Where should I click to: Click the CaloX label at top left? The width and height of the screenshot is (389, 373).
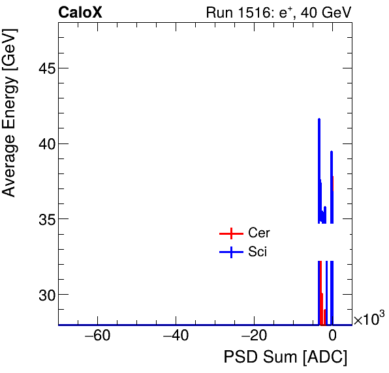point(80,12)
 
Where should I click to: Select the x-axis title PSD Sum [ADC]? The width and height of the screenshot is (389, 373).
point(285,357)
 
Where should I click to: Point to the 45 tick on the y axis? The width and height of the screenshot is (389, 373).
point(44,68)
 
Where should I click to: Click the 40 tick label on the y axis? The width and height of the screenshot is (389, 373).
point(44,144)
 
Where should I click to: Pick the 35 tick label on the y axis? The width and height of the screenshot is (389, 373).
point(44,219)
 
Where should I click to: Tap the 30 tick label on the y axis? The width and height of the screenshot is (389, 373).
point(44,295)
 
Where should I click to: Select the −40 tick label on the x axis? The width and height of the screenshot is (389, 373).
point(176,336)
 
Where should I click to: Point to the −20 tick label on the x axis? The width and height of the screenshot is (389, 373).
point(254,336)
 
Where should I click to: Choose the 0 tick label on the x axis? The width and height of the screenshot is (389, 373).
point(332,336)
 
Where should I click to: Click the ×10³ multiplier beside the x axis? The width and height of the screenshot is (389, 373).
point(369,319)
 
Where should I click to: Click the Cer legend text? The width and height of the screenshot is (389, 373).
point(258,233)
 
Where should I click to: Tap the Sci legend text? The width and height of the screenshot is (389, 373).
point(257,252)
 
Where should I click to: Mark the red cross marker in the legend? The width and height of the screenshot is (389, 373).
point(231,233)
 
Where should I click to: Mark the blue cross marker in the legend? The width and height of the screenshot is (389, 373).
point(231,252)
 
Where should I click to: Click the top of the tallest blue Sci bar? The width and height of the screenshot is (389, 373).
point(319,119)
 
